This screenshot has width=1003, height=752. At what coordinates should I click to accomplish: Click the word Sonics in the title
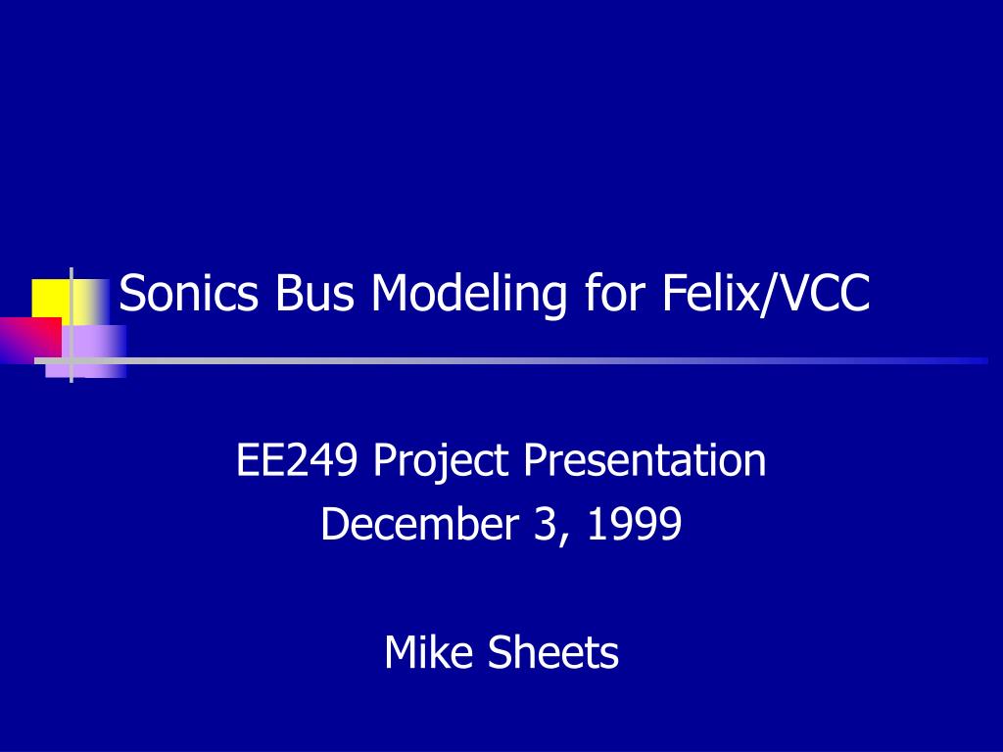pos(189,293)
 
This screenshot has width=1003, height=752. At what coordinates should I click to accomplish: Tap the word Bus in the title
pos(314,293)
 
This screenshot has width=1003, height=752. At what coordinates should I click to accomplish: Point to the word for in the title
pos(615,292)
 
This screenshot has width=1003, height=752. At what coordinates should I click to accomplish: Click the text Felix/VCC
pos(766,293)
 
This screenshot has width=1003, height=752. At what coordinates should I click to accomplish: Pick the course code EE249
pos(297,460)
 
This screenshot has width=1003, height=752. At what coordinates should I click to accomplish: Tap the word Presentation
pos(645,460)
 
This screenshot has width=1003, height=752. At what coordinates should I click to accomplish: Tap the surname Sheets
pos(553,651)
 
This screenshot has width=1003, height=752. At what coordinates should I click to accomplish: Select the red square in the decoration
pos(30,337)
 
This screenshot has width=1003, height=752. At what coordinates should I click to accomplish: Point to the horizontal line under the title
pos(511,360)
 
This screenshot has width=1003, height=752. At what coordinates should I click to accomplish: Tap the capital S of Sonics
pos(132,293)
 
